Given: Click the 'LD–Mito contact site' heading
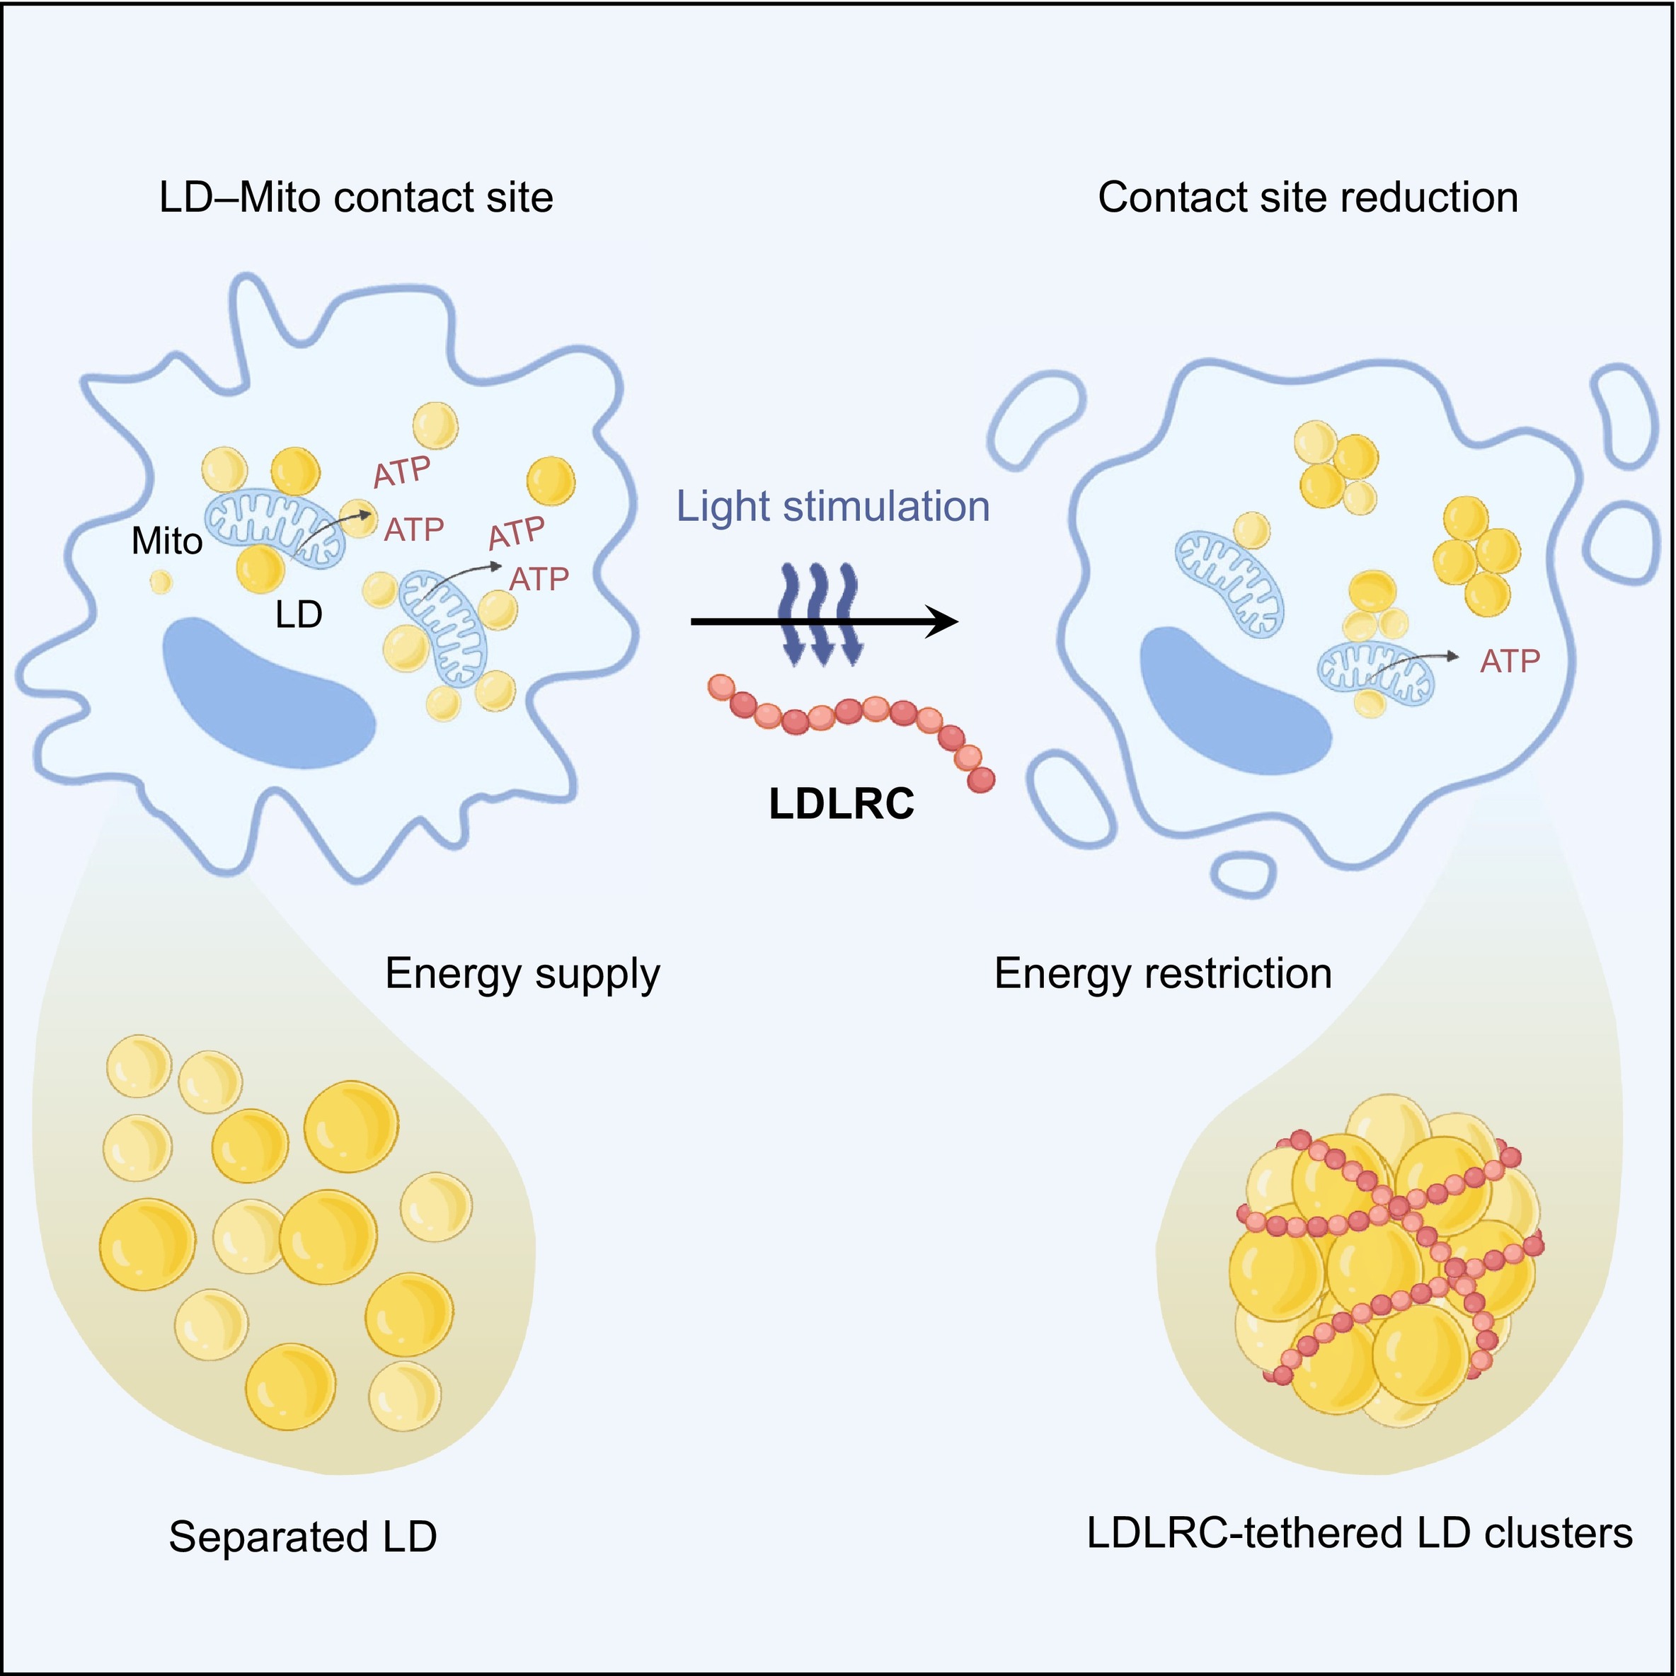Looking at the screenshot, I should click(356, 197).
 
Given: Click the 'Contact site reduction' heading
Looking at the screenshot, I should click(1307, 197).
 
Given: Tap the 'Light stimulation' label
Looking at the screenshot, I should click(833, 507).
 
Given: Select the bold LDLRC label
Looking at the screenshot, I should click(842, 803).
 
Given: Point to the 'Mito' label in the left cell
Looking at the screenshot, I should click(166, 542).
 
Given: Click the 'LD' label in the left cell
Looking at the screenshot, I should click(299, 615).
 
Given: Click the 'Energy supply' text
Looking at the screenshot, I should click(522, 973).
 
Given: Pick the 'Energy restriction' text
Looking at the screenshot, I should click(1162, 973).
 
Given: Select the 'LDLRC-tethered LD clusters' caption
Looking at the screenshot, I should click(1360, 1533).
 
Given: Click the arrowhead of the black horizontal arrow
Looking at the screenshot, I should click(944, 621).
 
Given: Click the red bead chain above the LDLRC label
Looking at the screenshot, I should click(850, 720).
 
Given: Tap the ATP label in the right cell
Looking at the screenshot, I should click(1510, 662).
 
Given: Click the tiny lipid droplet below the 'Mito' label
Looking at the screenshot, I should click(161, 582).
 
